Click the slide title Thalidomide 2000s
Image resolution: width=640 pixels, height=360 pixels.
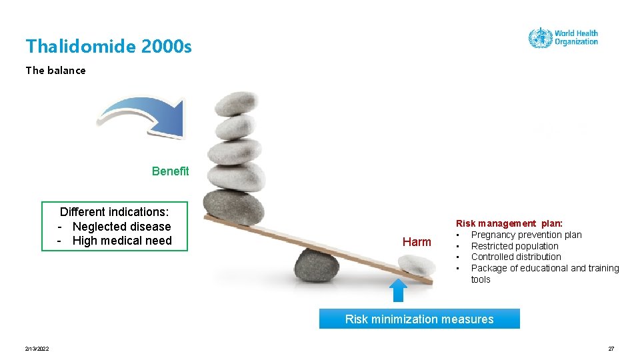point(109,46)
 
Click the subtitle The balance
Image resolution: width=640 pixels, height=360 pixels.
point(55,70)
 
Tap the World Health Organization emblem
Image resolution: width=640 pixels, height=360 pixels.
point(539,37)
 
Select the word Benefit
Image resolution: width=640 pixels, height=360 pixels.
point(170,171)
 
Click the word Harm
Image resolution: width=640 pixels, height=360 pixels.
point(417,242)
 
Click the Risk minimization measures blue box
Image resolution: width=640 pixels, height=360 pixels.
point(419,319)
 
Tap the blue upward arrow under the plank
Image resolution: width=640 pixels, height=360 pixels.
point(398,291)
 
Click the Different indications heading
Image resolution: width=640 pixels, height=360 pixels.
point(115,212)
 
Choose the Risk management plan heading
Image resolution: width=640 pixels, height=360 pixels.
point(509,223)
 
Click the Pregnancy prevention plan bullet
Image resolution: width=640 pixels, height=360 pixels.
point(526,235)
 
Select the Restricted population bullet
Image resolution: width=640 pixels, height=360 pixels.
point(515,246)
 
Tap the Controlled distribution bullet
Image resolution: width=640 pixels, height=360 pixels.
point(516,257)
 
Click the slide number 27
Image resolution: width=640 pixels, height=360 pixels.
point(611,349)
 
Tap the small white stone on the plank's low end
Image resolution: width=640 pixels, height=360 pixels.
point(416,265)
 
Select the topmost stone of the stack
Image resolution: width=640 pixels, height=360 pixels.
point(238,103)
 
